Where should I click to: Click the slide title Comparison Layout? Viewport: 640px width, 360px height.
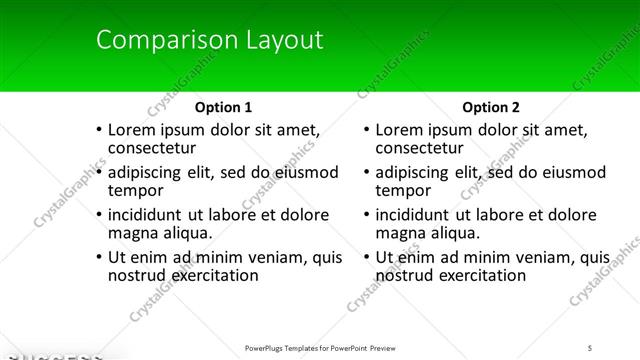pyautogui.click(x=209, y=41)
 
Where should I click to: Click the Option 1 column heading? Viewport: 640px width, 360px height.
pyautogui.click(x=223, y=107)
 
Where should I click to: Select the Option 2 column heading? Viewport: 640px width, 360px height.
pyautogui.click(x=490, y=107)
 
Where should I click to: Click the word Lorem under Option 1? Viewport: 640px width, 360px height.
pyautogui.click(x=132, y=129)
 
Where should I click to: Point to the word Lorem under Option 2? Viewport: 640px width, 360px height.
pyautogui.click(x=399, y=129)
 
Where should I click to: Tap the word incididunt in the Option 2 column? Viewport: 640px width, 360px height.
pyautogui.click(x=414, y=215)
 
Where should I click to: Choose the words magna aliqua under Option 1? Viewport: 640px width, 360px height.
pyautogui.click(x=160, y=233)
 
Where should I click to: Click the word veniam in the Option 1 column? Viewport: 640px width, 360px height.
pyautogui.click(x=269, y=257)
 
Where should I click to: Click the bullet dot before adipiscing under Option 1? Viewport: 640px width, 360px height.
pyautogui.click(x=98, y=172)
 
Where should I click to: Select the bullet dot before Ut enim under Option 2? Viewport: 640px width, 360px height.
pyautogui.click(x=365, y=257)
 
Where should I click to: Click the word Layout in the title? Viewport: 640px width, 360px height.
pyautogui.click(x=281, y=41)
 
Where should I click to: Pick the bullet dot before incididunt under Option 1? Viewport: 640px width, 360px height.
pyautogui.click(x=98, y=215)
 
